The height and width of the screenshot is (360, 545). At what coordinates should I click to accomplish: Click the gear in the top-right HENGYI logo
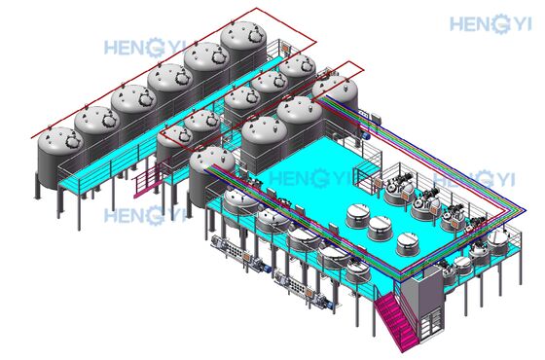500,23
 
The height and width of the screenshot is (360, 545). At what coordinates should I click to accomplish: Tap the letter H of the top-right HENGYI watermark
456,24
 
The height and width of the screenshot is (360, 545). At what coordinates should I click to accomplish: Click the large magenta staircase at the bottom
396,320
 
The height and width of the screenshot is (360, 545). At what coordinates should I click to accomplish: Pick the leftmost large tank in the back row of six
59,158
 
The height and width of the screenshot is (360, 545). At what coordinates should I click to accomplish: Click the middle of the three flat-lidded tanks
380,228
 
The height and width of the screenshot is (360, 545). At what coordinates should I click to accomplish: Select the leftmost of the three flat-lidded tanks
358,216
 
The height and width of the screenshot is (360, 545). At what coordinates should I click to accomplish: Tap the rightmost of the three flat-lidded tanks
408,244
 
